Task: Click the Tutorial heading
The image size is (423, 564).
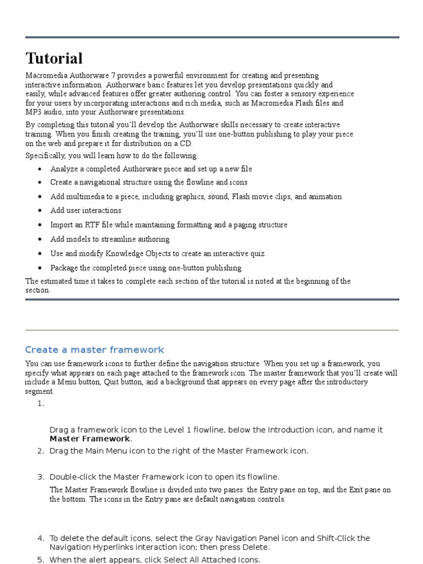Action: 54,58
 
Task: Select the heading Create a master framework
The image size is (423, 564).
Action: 94,350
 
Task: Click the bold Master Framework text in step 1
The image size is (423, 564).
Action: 90,438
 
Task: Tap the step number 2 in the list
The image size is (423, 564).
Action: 40,451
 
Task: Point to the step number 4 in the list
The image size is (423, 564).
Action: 40,538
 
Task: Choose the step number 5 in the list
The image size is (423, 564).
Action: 40,560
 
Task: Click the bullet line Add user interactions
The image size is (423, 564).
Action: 85,210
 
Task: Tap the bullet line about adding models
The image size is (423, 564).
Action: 110,239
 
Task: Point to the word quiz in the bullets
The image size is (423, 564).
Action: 257,253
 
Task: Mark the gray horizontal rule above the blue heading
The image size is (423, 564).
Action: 211,330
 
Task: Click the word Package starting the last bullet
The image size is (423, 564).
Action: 64,268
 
